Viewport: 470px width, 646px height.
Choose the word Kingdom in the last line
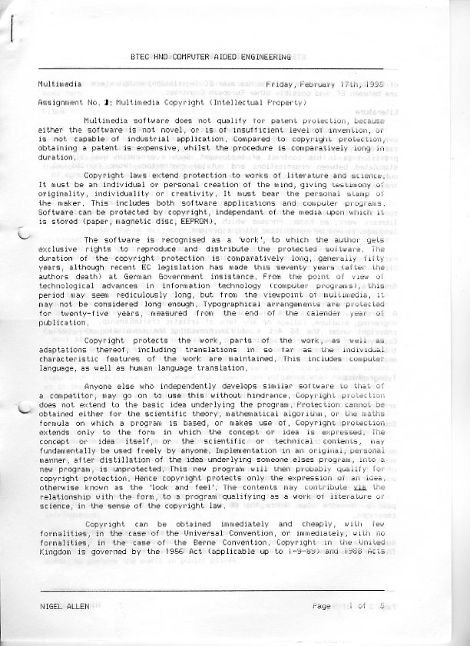55,552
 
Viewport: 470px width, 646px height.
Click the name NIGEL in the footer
51,606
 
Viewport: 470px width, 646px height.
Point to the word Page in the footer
321,606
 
